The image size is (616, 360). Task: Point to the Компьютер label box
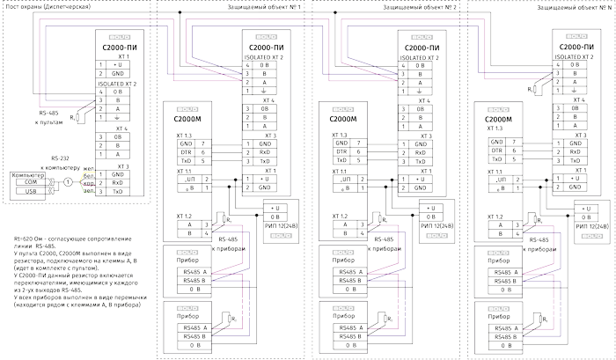(x=27, y=175)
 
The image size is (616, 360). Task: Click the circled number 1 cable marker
(x=67, y=182)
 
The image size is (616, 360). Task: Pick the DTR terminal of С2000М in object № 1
(x=186, y=152)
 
